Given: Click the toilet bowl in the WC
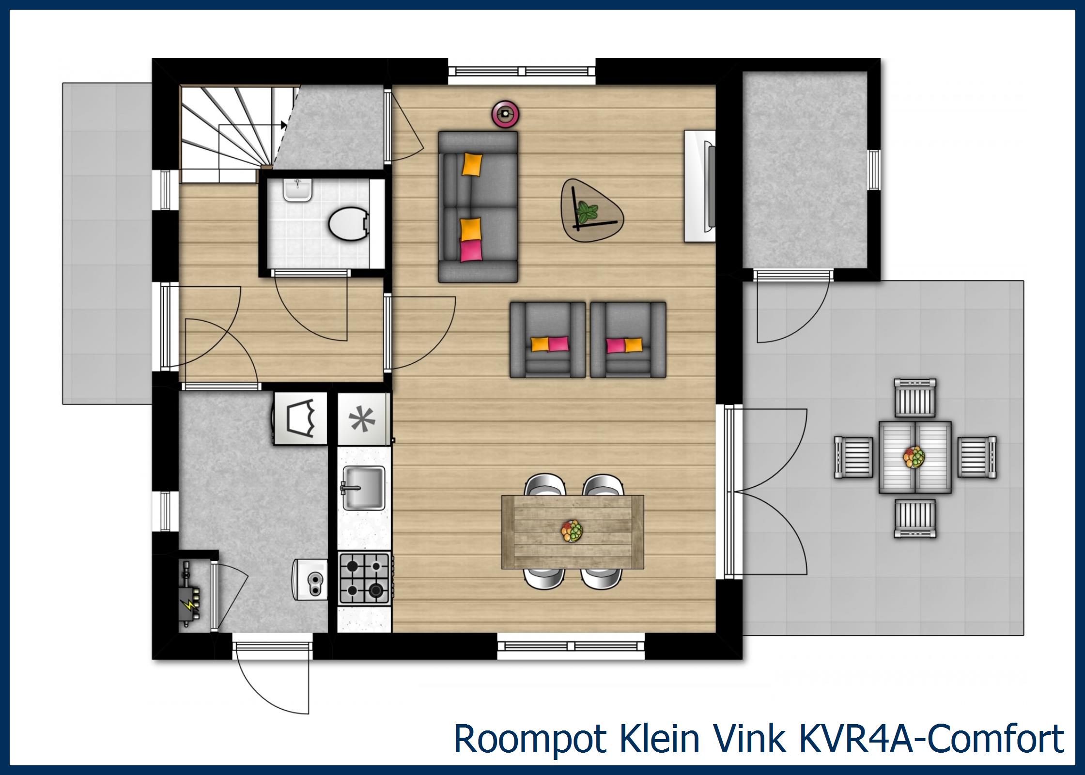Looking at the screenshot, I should coord(348,224).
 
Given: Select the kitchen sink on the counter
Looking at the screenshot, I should coord(363,488).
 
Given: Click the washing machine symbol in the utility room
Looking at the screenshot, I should coord(300,418).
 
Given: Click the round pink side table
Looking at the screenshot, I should coord(506,114).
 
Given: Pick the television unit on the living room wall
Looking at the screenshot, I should coord(700,186).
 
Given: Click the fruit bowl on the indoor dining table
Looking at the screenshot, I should coord(572,531).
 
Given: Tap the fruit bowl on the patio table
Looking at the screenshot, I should coord(914,457).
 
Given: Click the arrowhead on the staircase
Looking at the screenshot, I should coord(284,125).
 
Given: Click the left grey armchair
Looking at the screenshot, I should coord(547,340).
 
